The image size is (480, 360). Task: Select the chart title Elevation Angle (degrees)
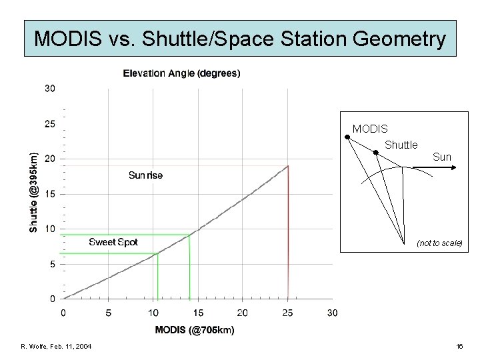click(181, 73)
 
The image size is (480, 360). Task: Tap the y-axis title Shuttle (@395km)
click(34, 191)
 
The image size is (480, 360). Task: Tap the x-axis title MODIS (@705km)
click(194, 329)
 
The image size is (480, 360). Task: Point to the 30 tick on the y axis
click(50, 88)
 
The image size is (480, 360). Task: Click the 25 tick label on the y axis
click(50, 123)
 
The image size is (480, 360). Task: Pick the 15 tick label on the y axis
click(50, 194)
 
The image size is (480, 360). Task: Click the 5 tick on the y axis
click(53, 264)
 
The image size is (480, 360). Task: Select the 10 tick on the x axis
click(153, 313)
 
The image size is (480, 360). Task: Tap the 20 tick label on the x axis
click(243, 313)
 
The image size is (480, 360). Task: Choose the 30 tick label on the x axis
click(332, 313)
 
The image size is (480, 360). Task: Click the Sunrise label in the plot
click(145, 175)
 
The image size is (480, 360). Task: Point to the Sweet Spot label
click(113, 242)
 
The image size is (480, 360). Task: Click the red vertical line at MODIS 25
click(288, 233)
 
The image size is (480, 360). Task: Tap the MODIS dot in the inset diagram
click(347, 137)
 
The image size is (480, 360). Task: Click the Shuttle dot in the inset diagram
click(375, 153)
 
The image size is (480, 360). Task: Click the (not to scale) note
click(439, 243)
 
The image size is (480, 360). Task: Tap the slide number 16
click(459, 346)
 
